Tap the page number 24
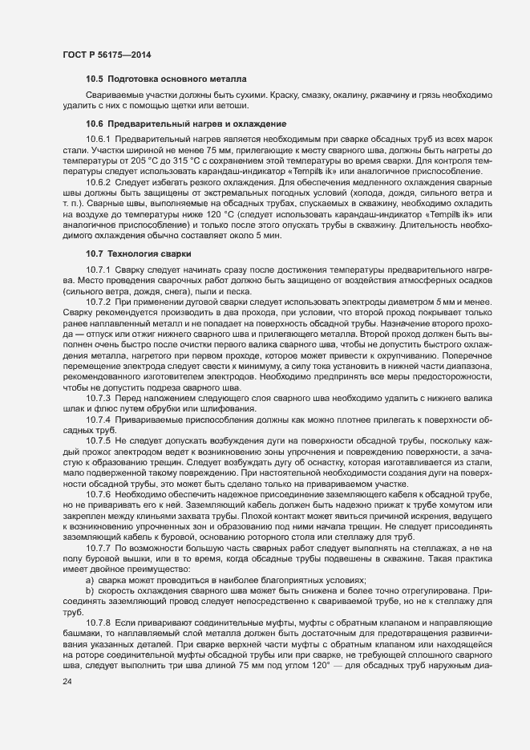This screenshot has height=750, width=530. tap(67, 703)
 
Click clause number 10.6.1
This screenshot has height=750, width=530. tap(99, 139)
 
